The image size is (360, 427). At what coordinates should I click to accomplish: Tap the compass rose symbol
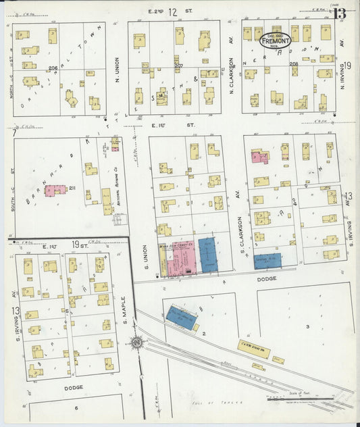137,343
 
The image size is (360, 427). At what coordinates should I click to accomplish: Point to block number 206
52,68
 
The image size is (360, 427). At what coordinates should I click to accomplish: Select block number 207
179,66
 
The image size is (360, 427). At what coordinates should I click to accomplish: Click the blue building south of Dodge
181,316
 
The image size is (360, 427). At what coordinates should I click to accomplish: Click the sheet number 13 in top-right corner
340,14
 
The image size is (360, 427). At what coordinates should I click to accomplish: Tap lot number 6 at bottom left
76,408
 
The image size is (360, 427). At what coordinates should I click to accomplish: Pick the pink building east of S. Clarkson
259,157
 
